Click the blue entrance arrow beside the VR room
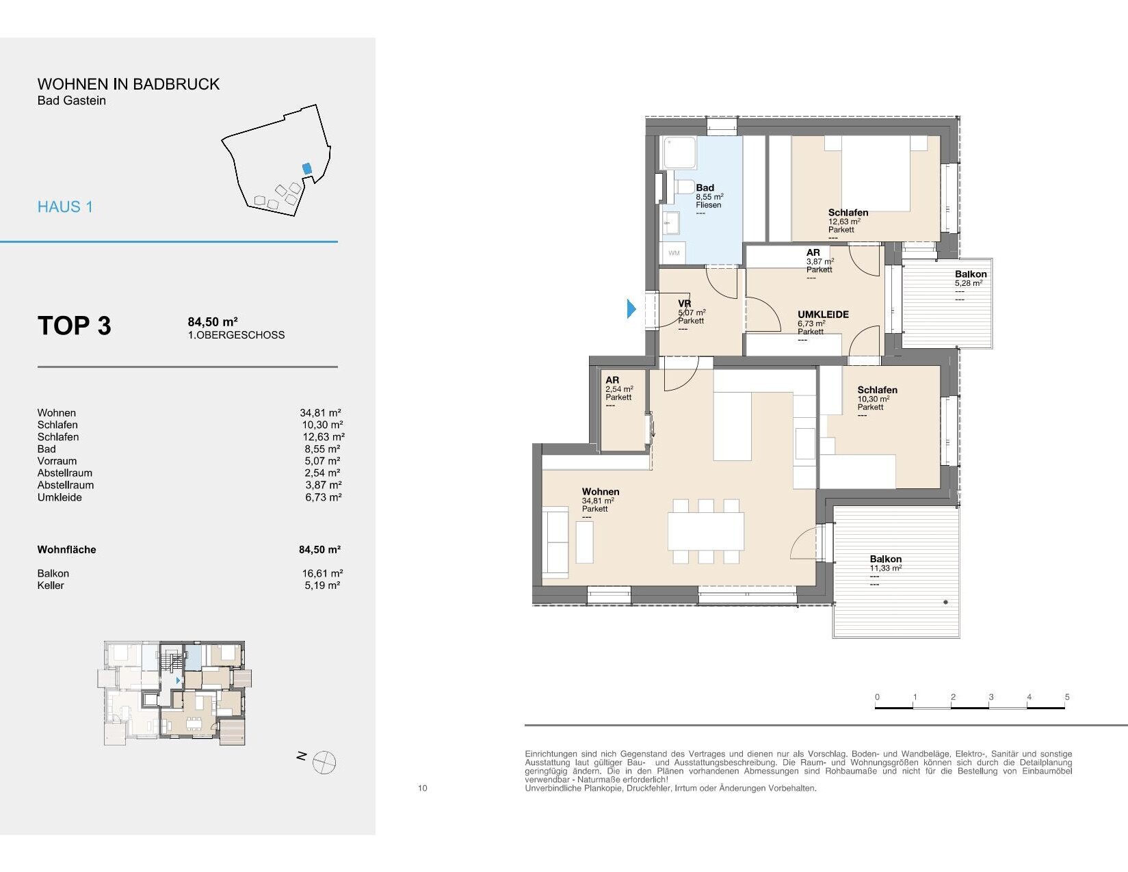pos(631,308)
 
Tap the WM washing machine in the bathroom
pos(673,253)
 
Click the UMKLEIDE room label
pos(823,315)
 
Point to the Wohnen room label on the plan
pos(600,492)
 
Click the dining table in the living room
pos(705,531)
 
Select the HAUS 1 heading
pos(65,207)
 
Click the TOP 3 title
pos(75,326)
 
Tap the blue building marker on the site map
pos(307,169)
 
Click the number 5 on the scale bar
pos(1066,697)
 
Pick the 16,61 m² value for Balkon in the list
pos(322,573)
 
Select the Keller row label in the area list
pos(51,585)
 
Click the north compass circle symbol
pos(324,763)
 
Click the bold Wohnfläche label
pos(66,549)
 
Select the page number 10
pos(423,788)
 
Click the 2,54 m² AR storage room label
pos(619,388)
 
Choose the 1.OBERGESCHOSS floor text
pos(236,335)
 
